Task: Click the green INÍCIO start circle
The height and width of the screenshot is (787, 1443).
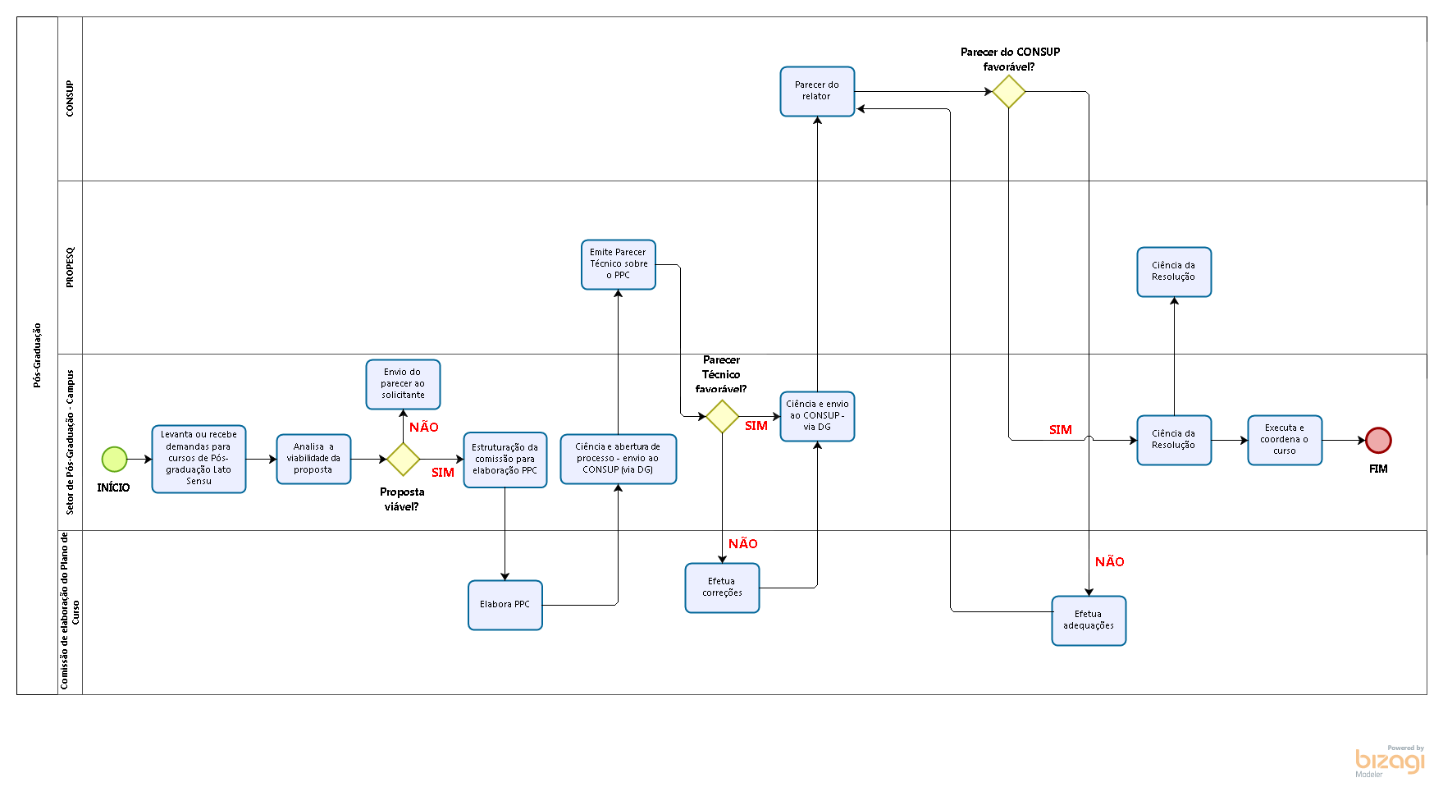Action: click(x=114, y=460)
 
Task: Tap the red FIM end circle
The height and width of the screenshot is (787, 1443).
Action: click(x=1378, y=441)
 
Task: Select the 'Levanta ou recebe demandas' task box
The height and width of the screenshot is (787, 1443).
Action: click(x=199, y=459)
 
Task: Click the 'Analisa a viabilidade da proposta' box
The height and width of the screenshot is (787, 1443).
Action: click(x=313, y=459)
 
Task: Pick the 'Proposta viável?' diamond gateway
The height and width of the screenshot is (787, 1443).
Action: click(x=403, y=460)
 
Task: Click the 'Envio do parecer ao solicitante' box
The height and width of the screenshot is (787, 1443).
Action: click(x=403, y=384)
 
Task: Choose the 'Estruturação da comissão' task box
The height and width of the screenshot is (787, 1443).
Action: click(x=505, y=460)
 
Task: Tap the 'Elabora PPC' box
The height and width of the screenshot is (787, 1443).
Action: click(x=505, y=605)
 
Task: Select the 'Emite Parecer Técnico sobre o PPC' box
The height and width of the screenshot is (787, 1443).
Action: click(x=618, y=264)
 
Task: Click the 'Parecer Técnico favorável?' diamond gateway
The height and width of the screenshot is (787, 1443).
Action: click(x=722, y=417)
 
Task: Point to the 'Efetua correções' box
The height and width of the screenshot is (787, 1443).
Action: click(x=722, y=588)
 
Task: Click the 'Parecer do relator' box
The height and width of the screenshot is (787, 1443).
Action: click(x=817, y=91)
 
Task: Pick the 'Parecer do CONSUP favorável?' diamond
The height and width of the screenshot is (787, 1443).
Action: click(x=1008, y=92)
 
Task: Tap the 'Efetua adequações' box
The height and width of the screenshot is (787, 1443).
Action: click(x=1089, y=620)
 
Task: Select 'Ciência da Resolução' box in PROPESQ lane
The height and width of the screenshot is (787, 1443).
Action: click(x=1174, y=272)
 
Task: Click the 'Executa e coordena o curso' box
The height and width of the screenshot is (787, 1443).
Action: click(x=1285, y=440)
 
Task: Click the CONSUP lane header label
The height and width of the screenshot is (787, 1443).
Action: click(x=70, y=98)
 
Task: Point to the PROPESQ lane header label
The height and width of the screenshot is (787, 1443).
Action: click(x=70, y=268)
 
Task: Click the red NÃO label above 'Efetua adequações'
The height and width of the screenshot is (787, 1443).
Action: click(x=1109, y=562)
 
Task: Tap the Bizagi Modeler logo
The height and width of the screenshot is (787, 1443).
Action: click(x=1390, y=762)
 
